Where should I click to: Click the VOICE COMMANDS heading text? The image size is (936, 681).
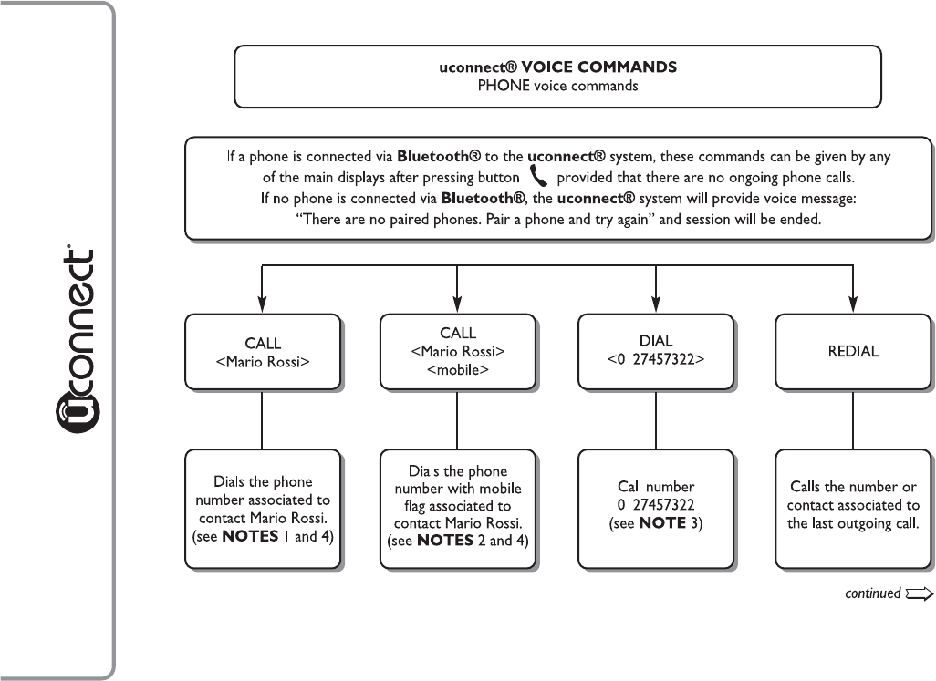tap(598, 67)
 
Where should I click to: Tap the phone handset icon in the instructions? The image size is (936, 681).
tap(538, 177)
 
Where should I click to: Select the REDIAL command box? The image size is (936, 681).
tap(853, 352)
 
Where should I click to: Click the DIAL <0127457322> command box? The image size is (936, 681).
tap(655, 352)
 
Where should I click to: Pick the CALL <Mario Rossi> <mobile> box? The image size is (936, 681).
tap(457, 352)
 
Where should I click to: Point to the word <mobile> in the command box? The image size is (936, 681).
tap(458, 370)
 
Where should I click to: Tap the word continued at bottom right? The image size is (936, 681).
tap(873, 593)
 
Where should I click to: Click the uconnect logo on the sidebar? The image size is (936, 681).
tap(77, 339)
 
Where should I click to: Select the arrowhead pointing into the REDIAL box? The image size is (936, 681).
tap(853, 304)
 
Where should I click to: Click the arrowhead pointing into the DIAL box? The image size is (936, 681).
tap(656, 304)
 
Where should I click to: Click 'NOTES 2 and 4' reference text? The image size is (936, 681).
tap(471, 541)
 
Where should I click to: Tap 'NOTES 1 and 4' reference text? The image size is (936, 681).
tap(276, 536)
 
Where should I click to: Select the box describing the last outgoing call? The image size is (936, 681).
tap(853, 510)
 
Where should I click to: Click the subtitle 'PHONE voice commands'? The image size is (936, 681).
tap(557, 86)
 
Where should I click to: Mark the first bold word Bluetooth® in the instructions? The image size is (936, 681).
tap(439, 156)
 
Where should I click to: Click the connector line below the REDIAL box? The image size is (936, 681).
tap(853, 419)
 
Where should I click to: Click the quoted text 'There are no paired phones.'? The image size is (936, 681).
tap(389, 220)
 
